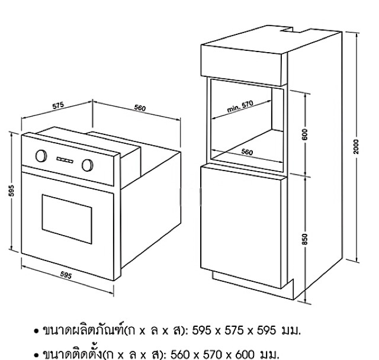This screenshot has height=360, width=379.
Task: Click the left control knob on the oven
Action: coord(41,156)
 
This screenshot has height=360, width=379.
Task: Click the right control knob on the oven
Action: coord(88,164)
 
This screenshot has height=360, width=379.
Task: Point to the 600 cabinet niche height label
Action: coord(306,134)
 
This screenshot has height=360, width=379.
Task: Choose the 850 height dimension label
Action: coord(306,237)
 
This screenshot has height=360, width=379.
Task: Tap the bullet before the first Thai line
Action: coord(37,329)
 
